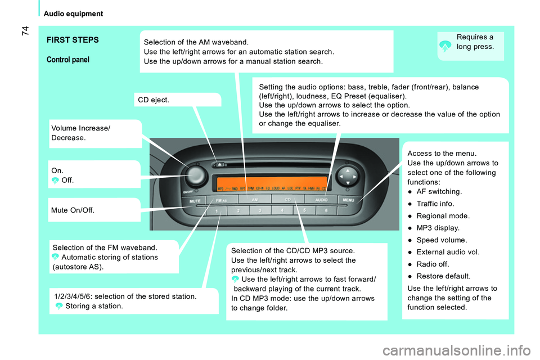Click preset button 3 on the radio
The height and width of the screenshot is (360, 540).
coord(259,210)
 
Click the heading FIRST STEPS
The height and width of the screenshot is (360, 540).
coord(73,40)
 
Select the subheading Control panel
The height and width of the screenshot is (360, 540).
coord(67,60)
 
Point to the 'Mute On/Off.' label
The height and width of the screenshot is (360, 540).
coord(73,210)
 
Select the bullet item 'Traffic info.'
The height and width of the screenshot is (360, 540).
coord(439,204)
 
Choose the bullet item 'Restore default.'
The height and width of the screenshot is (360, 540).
coord(444,276)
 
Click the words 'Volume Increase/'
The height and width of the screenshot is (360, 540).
coord(80,128)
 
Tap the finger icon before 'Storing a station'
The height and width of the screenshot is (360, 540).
coord(59,306)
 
